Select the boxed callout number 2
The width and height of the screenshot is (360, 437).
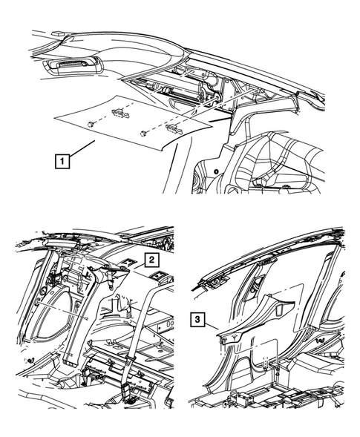150,259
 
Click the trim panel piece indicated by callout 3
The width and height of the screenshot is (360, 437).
245,334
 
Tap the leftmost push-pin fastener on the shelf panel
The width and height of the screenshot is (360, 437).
90,124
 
